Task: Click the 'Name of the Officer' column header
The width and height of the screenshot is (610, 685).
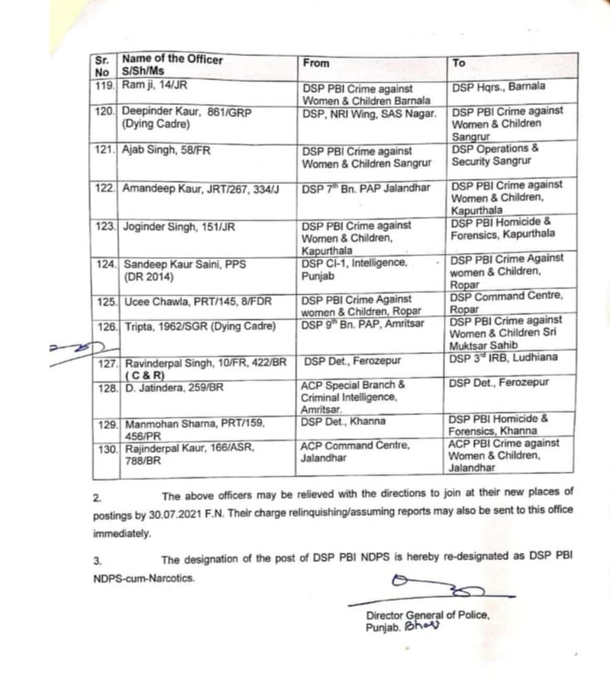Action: point(172,59)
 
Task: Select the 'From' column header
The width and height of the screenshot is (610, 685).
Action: point(317,63)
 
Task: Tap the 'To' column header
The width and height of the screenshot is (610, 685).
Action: point(459,62)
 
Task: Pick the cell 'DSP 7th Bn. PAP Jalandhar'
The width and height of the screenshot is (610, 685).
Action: point(366,188)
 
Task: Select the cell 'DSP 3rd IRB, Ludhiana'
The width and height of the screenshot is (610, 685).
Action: point(503,358)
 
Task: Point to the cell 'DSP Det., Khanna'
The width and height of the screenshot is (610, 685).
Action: point(343,421)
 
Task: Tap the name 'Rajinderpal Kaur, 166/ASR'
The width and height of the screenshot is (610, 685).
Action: point(188,447)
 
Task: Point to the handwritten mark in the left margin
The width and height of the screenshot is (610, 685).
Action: point(71,345)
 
